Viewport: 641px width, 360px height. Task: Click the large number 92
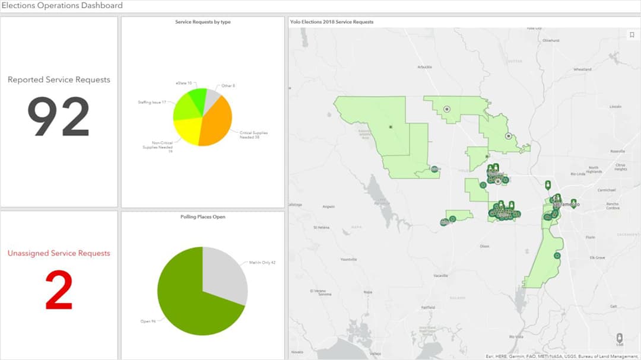pyautogui.click(x=58, y=117)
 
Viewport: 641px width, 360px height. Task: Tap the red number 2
pyautogui.click(x=59, y=290)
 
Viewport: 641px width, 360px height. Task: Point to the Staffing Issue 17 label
pyautogui.click(x=151, y=103)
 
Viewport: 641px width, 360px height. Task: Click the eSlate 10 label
pyautogui.click(x=183, y=84)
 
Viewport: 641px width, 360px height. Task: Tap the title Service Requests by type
pyautogui.click(x=203, y=22)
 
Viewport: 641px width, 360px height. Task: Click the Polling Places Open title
pyautogui.click(x=203, y=217)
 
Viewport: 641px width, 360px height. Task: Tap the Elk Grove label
pyautogui.click(x=596, y=258)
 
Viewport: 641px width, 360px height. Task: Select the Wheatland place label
pyautogui.click(x=582, y=69)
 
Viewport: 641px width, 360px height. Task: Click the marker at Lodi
pyautogui.click(x=620, y=337)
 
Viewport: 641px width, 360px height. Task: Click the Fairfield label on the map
pyautogui.click(x=428, y=308)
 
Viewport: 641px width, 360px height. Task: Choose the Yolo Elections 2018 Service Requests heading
pyautogui.click(x=332, y=22)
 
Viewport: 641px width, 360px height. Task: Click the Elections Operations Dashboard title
pyautogui.click(x=62, y=6)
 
